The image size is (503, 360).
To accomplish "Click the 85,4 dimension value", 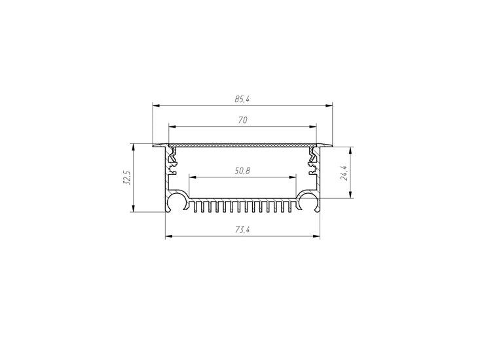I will pyautogui.click(x=242, y=99).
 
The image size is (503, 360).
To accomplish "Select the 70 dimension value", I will pyautogui.click(x=242, y=120).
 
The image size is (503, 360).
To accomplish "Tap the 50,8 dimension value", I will pyautogui.click(x=242, y=171).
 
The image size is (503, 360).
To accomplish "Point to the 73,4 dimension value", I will pyautogui.click(x=242, y=230).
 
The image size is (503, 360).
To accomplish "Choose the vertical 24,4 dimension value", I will pyautogui.click(x=343, y=173).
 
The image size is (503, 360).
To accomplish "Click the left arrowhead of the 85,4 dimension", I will pyautogui.click(x=156, y=105).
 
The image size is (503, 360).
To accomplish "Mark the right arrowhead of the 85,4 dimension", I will pyautogui.click(x=329, y=105).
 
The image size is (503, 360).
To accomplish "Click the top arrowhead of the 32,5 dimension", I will pyautogui.click(x=134, y=147).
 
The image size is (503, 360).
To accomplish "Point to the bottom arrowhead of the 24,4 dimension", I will pyautogui.click(x=351, y=194).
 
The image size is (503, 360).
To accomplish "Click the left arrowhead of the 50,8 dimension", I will pyautogui.click(x=193, y=177).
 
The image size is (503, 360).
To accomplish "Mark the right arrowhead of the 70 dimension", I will pyautogui.click(x=312, y=126).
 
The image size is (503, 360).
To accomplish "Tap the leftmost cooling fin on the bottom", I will pyautogui.click(x=196, y=206).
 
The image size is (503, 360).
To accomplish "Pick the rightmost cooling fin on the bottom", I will pyautogui.click(x=290, y=206).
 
